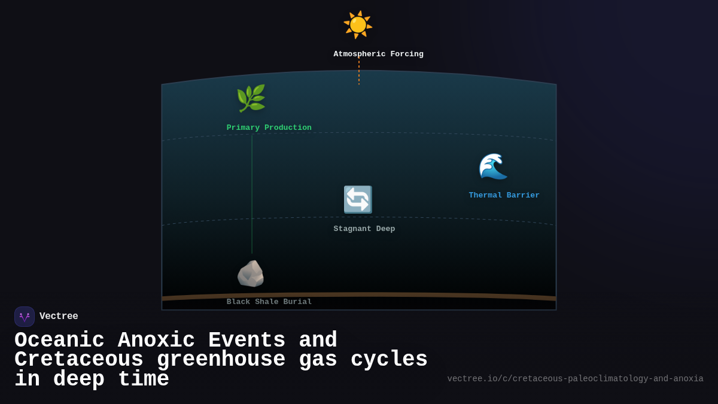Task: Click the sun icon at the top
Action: [x=358, y=25]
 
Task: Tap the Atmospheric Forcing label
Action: [x=378, y=54]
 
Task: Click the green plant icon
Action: [x=251, y=98]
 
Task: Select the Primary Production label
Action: [x=269, y=128]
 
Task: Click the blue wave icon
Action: [x=493, y=166]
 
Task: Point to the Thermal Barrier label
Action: [x=504, y=196]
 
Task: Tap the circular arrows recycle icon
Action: [x=358, y=199]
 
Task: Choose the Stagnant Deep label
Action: [x=364, y=229]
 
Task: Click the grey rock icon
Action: [x=251, y=274]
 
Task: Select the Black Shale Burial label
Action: [x=269, y=302]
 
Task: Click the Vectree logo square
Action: [x=25, y=317]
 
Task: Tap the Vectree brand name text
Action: [x=59, y=317]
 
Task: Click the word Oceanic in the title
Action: [x=59, y=341]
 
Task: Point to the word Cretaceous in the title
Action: [x=78, y=360]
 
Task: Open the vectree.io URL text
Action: [x=575, y=379]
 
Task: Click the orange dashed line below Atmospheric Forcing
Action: [x=359, y=72]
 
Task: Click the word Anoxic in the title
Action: [x=156, y=341]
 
